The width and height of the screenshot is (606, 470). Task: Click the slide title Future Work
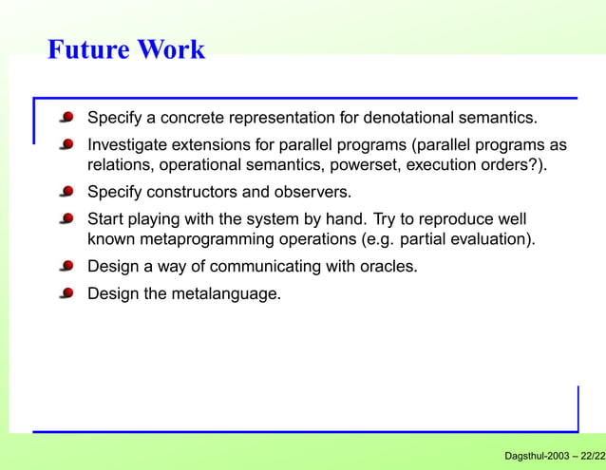point(125,49)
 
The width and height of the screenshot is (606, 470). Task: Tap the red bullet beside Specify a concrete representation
point(66,119)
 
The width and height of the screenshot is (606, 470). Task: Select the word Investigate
point(128,145)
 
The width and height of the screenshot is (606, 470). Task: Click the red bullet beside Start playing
point(66,218)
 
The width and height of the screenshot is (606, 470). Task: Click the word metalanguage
point(225,293)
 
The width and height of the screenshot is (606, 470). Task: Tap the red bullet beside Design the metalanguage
point(66,293)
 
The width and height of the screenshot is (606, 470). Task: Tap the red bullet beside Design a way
point(66,266)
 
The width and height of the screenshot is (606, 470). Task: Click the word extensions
point(216,145)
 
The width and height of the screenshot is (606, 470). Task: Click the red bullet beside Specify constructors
point(66,192)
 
